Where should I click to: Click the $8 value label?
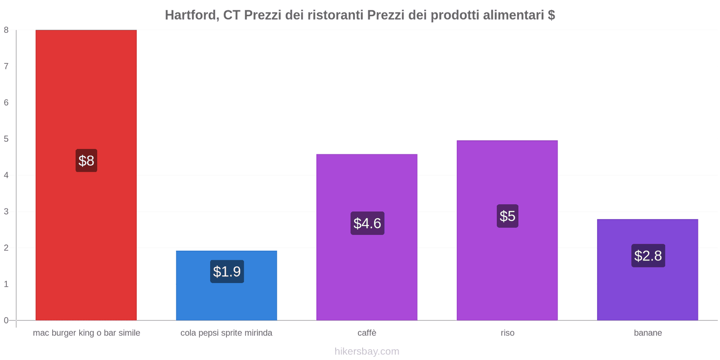pyautogui.click(x=86, y=161)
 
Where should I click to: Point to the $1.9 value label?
pyautogui.click(x=227, y=271)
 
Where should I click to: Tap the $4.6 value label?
pyautogui.click(x=367, y=223)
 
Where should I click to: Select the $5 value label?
pyautogui.click(x=508, y=216)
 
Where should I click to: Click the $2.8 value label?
pyautogui.click(x=648, y=256)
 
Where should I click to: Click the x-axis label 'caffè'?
pyautogui.click(x=367, y=333)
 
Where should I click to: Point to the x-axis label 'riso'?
pyautogui.click(x=508, y=333)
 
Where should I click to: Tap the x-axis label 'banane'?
pyautogui.click(x=648, y=333)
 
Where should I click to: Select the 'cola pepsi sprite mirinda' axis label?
pyautogui.click(x=226, y=333)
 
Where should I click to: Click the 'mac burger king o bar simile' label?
pyautogui.click(x=86, y=333)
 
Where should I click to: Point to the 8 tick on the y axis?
pyautogui.click(x=6, y=30)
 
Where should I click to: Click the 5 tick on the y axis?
pyautogui.click(x=6, y=139)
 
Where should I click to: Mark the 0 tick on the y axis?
pyautogui.click(x=6, y=320)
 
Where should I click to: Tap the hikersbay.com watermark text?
pyautogui.click(x=367, y=351)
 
